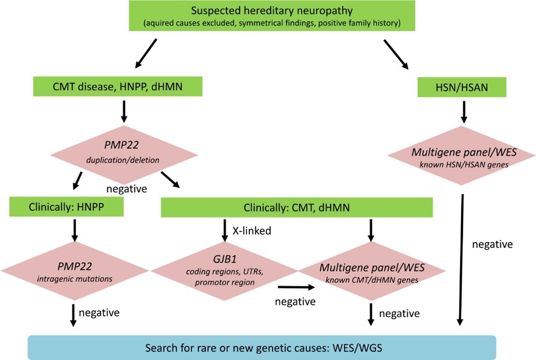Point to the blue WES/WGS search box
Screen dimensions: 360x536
click(x=262, y=348)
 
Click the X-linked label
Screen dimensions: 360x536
click(x=251, y=231)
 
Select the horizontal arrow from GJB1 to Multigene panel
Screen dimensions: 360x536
click(x=296, y=287)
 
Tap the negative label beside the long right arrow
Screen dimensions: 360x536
click(x=492, y=244)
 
